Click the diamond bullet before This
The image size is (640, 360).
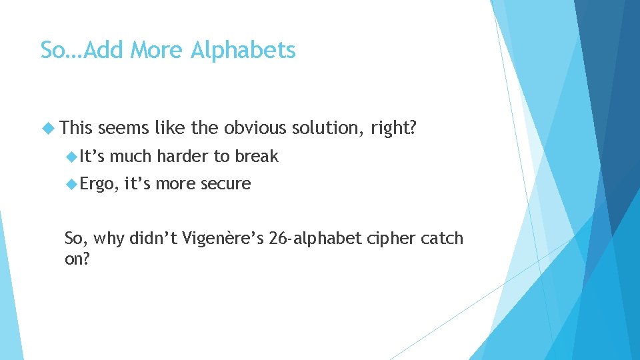pyautogui.click(x=49, y=127)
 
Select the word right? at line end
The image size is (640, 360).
pyautogui.click(x=394, y=127)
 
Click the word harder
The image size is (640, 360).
pyautogui.click(x=182, y=156)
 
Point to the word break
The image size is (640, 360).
pyautogui.click(x=255, y=156)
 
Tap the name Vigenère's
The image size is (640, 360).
pyautogui.click(x=224, y=238)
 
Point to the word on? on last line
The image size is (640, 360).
pyautogui.click(x=77, y=259)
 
